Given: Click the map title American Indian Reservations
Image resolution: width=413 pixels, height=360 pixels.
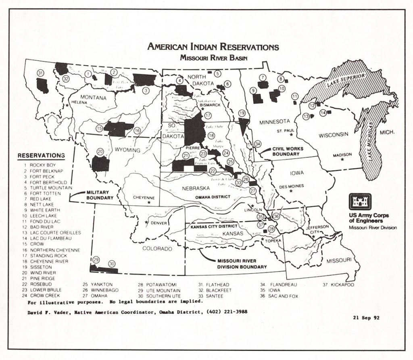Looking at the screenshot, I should click(213, 46).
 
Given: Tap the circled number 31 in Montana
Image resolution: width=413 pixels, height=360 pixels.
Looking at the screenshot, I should click(40, 73).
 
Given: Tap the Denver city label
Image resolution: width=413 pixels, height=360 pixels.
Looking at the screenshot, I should click(159, 223).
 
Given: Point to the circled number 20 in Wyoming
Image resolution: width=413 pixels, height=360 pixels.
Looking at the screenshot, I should click(101, 151).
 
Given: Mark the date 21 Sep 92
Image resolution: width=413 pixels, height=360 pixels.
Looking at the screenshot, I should click(365, 317).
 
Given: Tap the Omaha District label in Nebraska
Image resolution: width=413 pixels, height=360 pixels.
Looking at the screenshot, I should click(212, 197).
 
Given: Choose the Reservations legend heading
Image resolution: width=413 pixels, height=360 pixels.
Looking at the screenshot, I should click(41, 155).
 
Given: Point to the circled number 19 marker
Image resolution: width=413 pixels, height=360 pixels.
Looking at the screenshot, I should click(242, 113).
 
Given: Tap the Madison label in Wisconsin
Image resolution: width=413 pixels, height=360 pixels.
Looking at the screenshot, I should click(342, 155).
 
